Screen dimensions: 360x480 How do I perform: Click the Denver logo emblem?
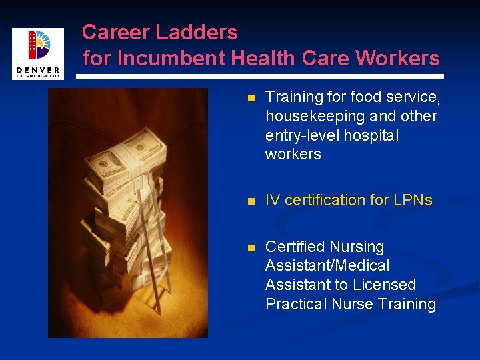[x=38, y=45]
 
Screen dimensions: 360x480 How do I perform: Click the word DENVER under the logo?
[x=37, y=70]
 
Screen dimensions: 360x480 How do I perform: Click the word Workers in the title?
[x=397, y=59]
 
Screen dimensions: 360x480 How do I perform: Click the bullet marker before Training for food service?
[x=251, y=99]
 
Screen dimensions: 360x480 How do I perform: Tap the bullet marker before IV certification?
[x=251, y=201]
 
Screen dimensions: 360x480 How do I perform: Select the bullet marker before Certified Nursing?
[x=251, y=247]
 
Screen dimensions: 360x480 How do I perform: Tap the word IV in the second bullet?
[x=273, y=200]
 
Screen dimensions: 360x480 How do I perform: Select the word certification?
[x=333, y=200]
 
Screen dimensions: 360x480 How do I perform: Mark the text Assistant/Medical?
[x=327, y=265]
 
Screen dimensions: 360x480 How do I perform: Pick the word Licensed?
[x=385, y=285]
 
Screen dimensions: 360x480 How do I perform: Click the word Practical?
[x=295, y=304]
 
